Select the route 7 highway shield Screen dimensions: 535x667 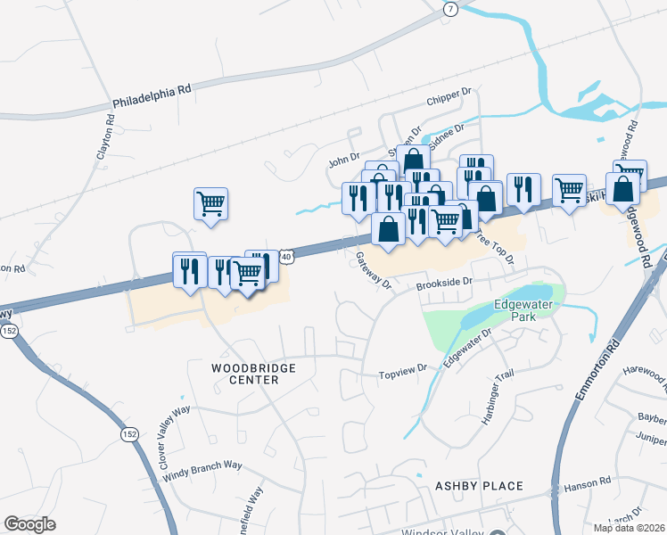(451, 9)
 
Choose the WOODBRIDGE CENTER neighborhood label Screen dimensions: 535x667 (245, 373)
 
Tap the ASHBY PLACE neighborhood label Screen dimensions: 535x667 (478, 486)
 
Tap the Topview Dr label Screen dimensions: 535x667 (404, 369)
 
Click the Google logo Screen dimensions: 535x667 (29, 523)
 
